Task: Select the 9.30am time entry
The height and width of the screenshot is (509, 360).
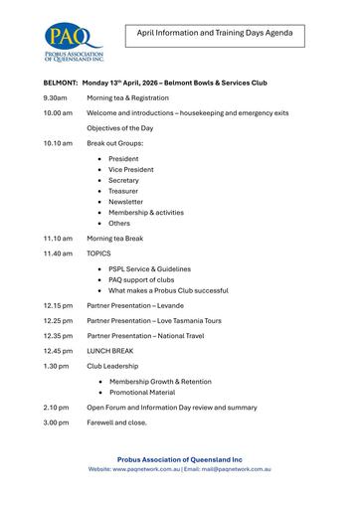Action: pyautogui.click(x=56, y=98)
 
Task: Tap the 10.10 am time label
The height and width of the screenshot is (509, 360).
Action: pyautogui.click(x=58, y=143)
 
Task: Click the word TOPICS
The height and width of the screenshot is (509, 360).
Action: pyautogui.click(x=98, y=254)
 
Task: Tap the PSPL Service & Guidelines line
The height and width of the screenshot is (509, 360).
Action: pyautogui.click(x=149, y=268)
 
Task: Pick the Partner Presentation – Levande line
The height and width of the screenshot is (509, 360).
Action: pyautogui.click(x=135, y=305)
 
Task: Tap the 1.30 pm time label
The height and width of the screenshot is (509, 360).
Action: pyautogui.click(x=57, y=366)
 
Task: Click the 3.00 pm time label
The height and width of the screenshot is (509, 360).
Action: pyautogui.click(x=57, y=423)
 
